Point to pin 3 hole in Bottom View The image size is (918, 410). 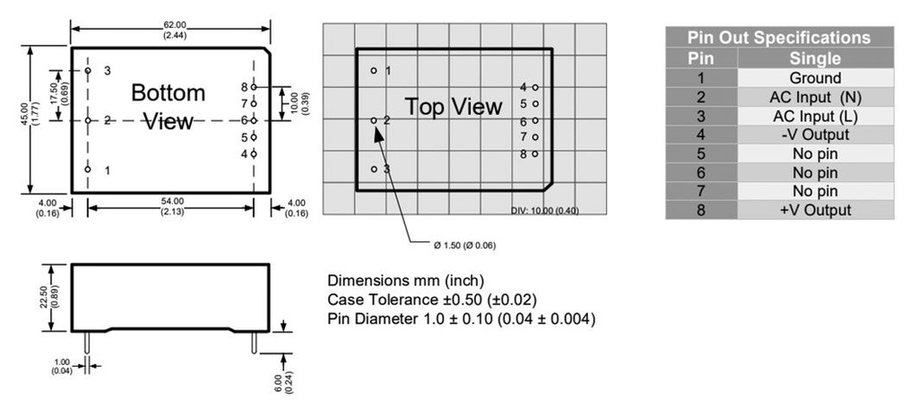(88, 70)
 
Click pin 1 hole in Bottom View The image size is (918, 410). (88, 169)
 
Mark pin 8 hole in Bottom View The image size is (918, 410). (255, 87)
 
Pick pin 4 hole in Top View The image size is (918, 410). (535, 87)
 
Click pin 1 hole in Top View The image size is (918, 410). (374, 70)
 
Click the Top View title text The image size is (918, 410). (454, 107)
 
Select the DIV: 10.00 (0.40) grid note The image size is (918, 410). (544, 210)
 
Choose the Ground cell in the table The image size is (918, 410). (815, 78)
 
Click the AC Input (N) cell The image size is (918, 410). (815, 97)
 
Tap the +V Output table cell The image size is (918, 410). (815, 210)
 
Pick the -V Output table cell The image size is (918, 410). (815, 135)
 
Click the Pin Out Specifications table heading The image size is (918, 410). (779, 38)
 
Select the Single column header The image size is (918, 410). (815, 58)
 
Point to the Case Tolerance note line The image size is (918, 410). (432, 299)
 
